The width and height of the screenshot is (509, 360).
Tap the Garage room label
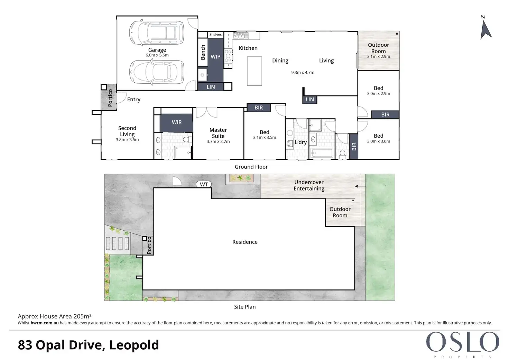point(157,50)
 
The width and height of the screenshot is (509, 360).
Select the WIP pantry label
point(215,57)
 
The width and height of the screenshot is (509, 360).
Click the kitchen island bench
point(254,71)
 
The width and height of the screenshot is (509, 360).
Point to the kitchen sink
point(240,36)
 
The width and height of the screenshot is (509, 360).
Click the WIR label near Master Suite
point(177,122)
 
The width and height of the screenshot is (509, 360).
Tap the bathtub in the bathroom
point(322,153)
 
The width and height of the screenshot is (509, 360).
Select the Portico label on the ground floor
point(110,98)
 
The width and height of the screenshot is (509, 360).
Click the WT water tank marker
point(204,184)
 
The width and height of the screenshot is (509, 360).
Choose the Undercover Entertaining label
point(309,185)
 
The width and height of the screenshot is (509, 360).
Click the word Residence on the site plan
point(245,242)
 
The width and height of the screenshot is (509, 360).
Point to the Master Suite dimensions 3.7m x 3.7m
point(218,141)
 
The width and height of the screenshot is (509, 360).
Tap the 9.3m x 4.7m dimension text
point(303,73)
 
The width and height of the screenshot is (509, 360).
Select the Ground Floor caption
point(251,167)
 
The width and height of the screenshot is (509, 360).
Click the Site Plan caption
point(245,307)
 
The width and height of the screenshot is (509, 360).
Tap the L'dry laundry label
point(300,142)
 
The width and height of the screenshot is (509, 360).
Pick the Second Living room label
point(127,131)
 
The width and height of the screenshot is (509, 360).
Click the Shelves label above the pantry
point(215,35)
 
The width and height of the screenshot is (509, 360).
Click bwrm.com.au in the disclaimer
point(45,323)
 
